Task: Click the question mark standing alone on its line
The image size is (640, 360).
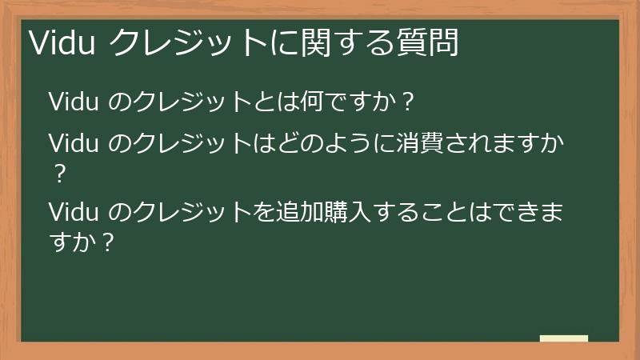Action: click(x=57, y=172)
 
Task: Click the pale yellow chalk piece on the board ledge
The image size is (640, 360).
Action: click(x=564, y=338)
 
